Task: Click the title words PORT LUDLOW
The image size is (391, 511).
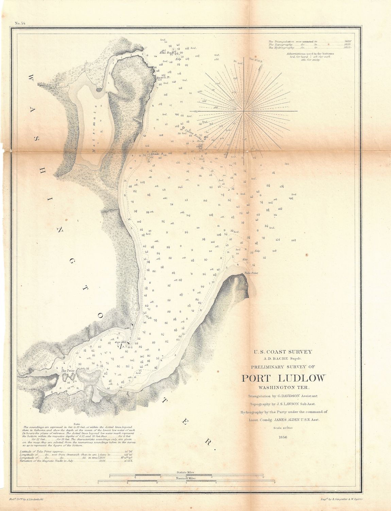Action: pyautogui.click(x=283, y=378)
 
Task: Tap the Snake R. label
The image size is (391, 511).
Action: pyautogui.click(x=157, y=154)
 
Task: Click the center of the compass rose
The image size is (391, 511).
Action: pyautogui.click(x=244, y=111)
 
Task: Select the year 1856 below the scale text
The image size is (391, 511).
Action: pyautogui.click(x=283, y=437)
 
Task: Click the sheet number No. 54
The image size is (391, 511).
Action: pyautogui.click(x=20, y=23)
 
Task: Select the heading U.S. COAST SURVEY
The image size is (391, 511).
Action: pyautogui.click(x=283, y=352)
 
